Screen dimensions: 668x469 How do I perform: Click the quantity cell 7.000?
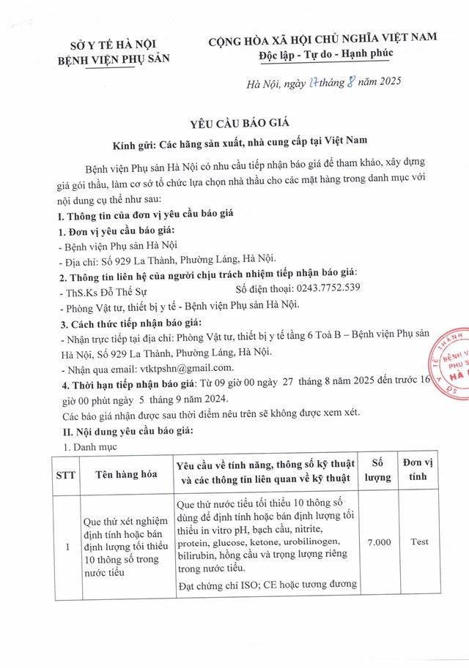(x=377, y=542)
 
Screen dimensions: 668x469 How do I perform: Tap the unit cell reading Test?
(x=419, y=542)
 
